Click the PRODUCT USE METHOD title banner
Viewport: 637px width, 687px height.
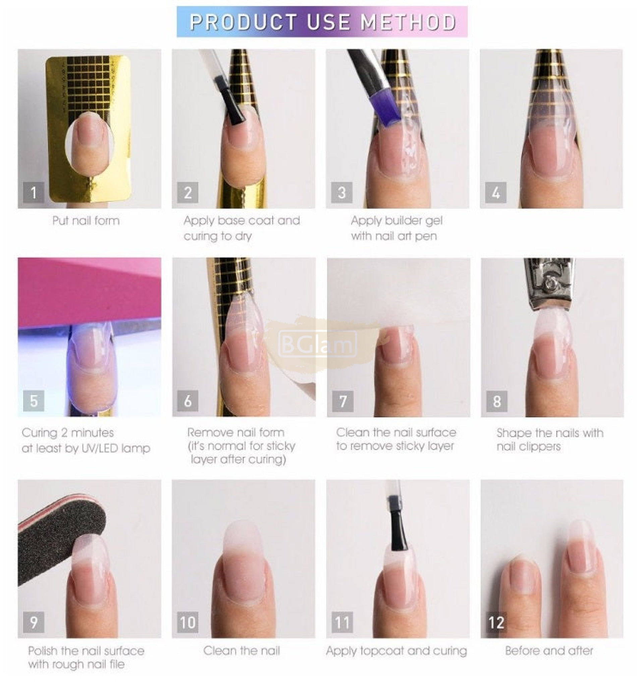322,22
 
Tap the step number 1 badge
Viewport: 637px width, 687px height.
34,193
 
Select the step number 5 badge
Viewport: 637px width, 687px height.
34,401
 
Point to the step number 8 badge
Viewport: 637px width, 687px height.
497,401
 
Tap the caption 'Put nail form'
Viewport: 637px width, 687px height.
86,221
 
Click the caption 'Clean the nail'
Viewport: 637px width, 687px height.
242,651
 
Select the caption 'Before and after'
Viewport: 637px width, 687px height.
549,650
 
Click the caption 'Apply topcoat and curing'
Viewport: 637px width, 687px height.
396,651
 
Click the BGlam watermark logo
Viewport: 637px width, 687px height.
317,344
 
